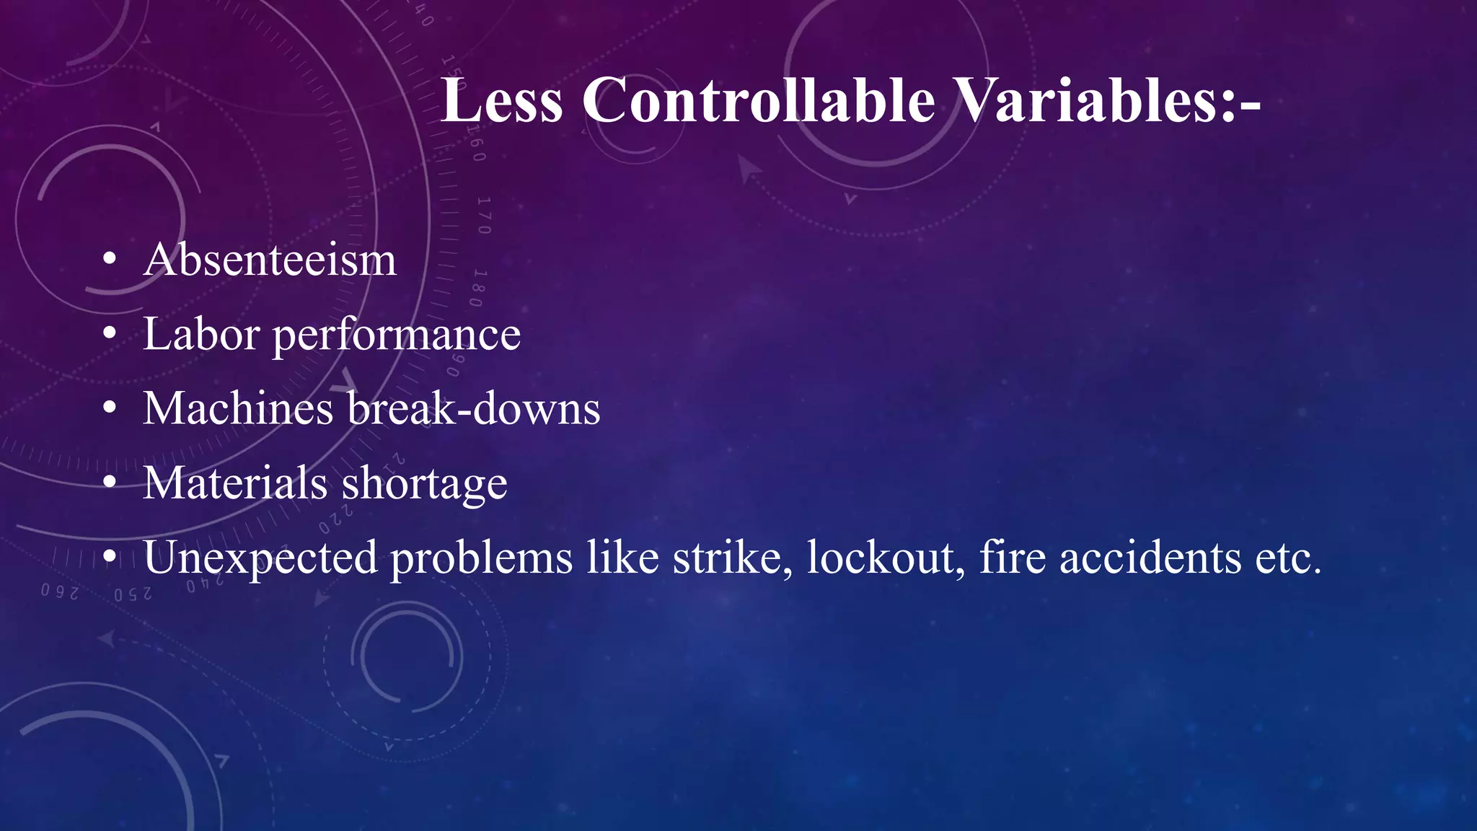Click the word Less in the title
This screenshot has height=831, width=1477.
coord(501,101)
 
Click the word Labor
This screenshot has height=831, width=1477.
coord(201,335)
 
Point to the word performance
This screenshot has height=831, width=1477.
coord(396,336)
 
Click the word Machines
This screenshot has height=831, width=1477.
coord(238,409)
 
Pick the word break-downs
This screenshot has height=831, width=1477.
coord(473,409)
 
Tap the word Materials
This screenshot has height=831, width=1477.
coord(235,483)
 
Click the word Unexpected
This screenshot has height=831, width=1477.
coord(260,558)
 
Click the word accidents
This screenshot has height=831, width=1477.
coord(1150,558)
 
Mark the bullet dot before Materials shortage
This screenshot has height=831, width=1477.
coord(109,483)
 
